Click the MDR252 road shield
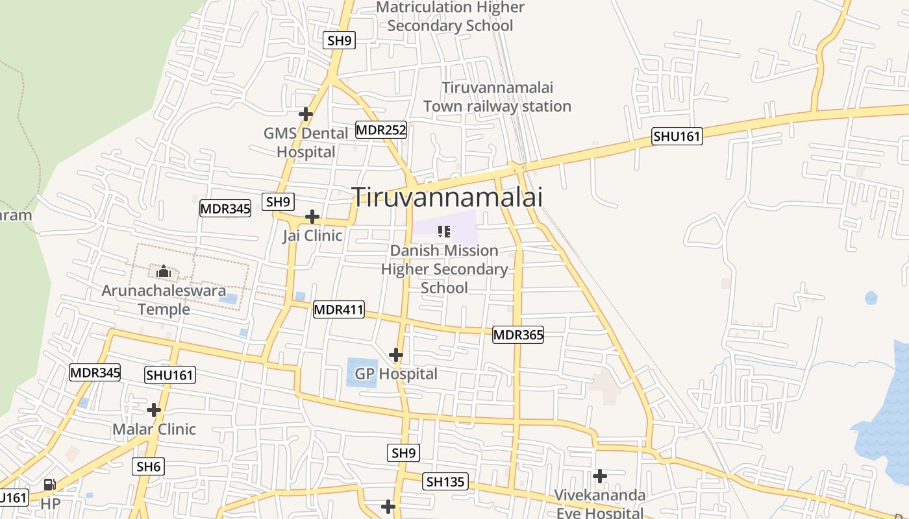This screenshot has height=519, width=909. (381, 130)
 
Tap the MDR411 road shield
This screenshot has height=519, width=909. (338, 309)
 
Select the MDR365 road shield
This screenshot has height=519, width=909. (517, 335)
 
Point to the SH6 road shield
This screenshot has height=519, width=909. (149, 466)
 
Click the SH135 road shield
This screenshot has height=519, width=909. (445, 481)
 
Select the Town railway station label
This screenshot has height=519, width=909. (497, 97)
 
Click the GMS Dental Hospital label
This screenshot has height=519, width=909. (306, 143)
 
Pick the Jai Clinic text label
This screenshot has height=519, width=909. (312, 235)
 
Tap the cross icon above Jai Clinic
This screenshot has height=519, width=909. (312, 217)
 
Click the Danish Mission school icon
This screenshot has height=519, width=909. (444, 231)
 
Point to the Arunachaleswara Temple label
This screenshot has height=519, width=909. (164, 299)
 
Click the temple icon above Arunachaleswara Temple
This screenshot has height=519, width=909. (164, 271)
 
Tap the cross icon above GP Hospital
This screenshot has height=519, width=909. (396, 355)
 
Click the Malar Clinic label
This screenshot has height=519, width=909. (154, 429)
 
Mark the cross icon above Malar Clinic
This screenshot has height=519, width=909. (154, 410)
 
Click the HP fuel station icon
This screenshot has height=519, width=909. (49, 484)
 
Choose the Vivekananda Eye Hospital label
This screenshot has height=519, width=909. (599, 504)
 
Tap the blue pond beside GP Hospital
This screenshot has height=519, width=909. (362, 372)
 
